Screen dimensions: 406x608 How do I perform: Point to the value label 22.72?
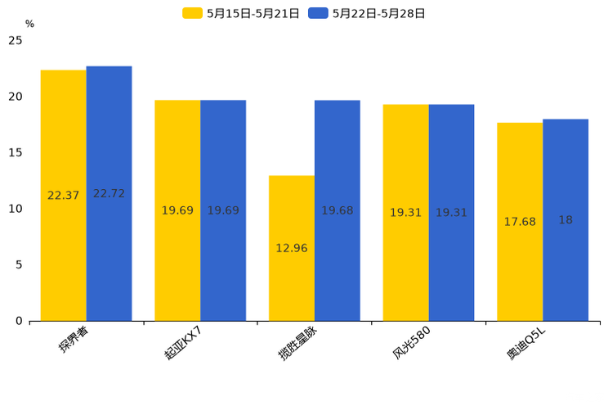click(x=109, y=194)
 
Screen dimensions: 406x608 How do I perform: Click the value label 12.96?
click(x=292, y=248)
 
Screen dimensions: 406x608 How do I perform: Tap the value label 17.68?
click(x=520, y=222)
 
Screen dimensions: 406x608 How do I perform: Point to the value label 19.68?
click(x=338, y=211)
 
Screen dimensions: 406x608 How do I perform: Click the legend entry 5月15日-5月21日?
click(x=242, y=13)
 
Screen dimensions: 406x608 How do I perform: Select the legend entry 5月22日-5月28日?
click(x=368, y=13)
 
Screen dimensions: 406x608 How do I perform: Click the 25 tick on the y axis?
click(x=16, y=40)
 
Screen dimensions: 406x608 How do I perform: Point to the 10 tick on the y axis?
click(x=16, y=209)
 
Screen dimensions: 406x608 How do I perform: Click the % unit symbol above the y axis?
click(x=29, y=25)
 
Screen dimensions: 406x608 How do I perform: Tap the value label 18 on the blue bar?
click(x=566, y=220)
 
